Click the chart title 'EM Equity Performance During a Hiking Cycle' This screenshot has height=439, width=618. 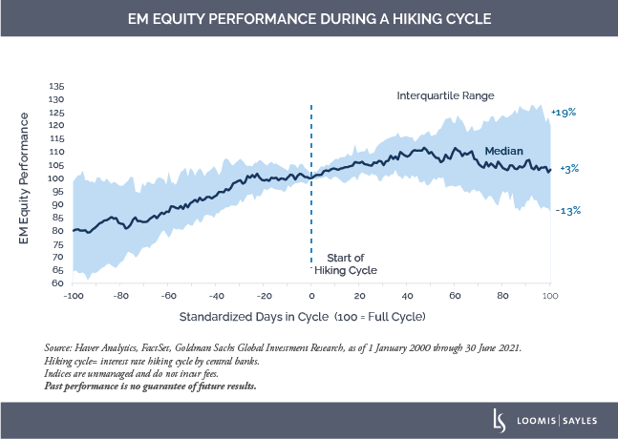coord(309,19)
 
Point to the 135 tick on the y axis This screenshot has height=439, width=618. coord(57,86)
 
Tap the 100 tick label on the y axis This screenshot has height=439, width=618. coord(57,178)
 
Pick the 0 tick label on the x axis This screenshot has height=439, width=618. coord(311,295)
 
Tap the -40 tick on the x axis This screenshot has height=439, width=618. coord(216,295)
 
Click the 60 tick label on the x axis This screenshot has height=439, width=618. coord(455,295)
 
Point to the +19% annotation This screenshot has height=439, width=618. coord(565,112)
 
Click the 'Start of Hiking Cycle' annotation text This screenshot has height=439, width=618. coord(352,264)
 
